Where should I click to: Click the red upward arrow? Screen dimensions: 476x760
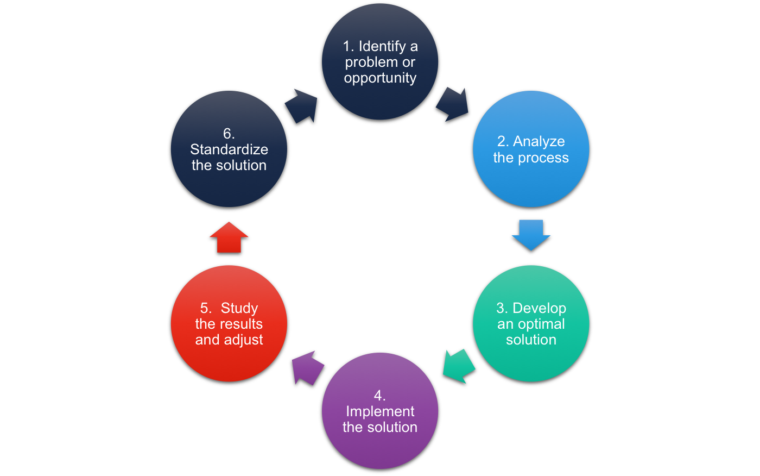pos(229,237)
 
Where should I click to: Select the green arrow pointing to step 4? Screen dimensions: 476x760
pos(458,366)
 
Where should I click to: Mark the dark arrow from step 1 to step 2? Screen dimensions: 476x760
pos(453,103)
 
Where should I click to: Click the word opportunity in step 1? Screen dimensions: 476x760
pos(380,78)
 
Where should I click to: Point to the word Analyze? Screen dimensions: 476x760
pos(539,141)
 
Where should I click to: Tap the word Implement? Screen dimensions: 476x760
pos(380,411)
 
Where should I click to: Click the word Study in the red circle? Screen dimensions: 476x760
pos(239,308)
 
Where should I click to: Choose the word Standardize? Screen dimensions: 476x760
pos(229,149)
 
